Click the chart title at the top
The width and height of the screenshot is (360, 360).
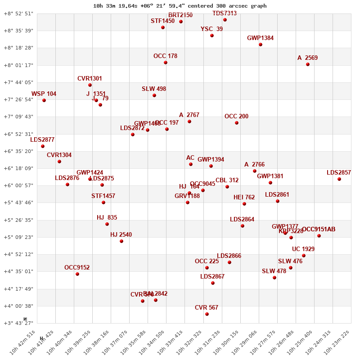pyautogui.click(x=180, y=6)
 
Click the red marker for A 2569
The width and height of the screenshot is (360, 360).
pyautogui.click(x=308, y=64)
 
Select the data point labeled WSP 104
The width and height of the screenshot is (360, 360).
pyautogui.click(x=44, y=100)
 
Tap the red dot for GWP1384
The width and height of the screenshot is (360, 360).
pyautogui.click(x=261, y=45)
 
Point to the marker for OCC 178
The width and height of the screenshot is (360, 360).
pyautogui.click(x=166, y=63)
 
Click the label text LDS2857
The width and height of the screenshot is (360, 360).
pyautogui.click(x=338, y=172)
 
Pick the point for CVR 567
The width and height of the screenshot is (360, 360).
pyautogui.click(x=207, y=314)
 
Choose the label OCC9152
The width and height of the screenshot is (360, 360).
pyautogui.click(x=77, y=267)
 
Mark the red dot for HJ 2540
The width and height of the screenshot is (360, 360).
pyautogui.click(x=121, y=241)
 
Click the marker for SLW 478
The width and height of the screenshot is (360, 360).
pyautogui.click(x=274, y=278)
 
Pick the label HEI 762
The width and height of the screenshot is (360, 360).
pyautogui.click(x=244, y=197)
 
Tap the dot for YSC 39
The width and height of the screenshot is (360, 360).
pyautogui.click(x=212, y=36)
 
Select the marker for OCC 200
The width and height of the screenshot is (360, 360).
pyautogui.click(x=237, y=123)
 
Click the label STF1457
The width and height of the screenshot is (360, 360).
pyautogui.click(x=103, y=196)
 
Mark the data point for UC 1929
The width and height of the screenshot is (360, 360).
pyautogui.click(x=304, y=256)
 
